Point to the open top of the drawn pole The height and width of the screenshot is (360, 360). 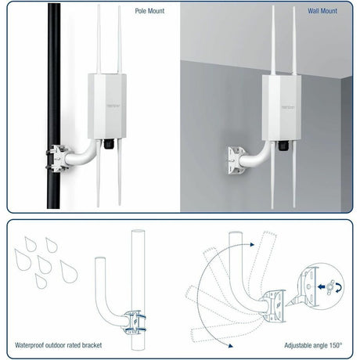138,232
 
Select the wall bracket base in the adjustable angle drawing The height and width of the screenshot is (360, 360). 276,301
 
